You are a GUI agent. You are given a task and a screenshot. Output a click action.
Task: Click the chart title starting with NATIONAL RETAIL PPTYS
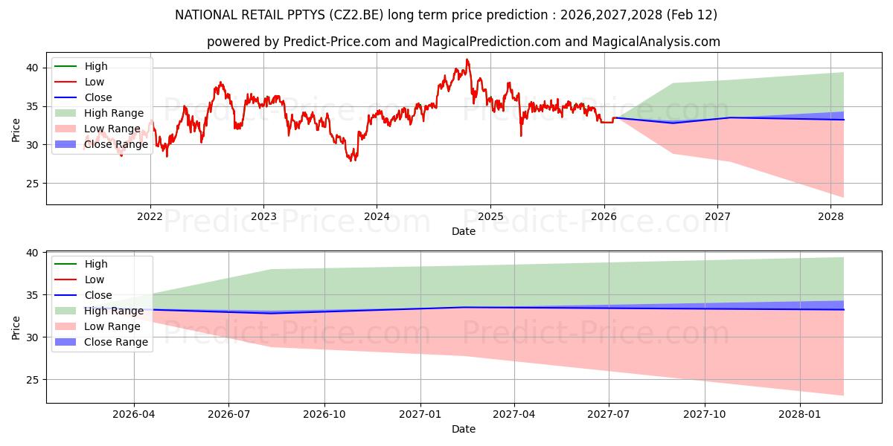click(x=446, y=15)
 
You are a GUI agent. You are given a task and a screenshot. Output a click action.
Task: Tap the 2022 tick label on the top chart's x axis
click(x=150, y=216)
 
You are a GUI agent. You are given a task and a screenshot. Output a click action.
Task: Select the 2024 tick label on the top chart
click(x=377, y=216)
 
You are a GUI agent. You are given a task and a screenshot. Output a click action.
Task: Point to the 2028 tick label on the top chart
click(x=830, y=216)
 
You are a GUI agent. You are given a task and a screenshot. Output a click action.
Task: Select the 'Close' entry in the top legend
click(x=98, y=97)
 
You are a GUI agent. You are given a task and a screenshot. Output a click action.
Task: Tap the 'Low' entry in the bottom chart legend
click(x=95, y=279)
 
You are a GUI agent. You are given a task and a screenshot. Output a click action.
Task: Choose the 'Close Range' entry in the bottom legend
click(x=116, y=342)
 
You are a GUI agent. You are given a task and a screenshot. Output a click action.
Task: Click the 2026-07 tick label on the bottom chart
click(x=228, y=415)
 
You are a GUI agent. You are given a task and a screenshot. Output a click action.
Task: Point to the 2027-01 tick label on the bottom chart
click(x=420, y=415)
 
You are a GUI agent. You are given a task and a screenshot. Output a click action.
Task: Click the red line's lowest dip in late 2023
click(x=351, y=160)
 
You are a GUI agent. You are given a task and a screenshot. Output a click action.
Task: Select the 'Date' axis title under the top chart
click(x=463, y=231)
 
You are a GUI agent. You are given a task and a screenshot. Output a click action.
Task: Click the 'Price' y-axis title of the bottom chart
click(x=16, y=327)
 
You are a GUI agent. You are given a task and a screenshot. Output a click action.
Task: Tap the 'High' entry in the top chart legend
click(x=96, y=66)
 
